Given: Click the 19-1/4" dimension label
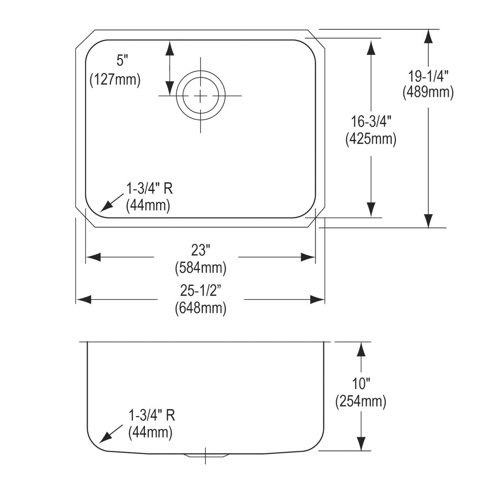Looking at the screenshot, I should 428,76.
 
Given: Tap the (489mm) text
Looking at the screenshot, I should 428,93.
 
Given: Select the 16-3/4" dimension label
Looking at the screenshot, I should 371,122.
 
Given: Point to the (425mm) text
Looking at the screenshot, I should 371,139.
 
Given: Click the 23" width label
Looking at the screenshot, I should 201,250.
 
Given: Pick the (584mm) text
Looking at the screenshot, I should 201,268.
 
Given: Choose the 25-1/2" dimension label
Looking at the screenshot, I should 201,291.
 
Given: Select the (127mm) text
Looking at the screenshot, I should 115,79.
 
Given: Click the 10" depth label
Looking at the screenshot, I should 361,384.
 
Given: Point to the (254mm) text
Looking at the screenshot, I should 361,401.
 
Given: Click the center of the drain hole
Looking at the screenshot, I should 201,96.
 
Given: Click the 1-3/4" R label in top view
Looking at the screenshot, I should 149,189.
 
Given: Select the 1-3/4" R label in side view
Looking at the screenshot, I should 152,415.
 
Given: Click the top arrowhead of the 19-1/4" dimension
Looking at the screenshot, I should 429,36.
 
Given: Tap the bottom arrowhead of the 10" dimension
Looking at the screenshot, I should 361,443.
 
